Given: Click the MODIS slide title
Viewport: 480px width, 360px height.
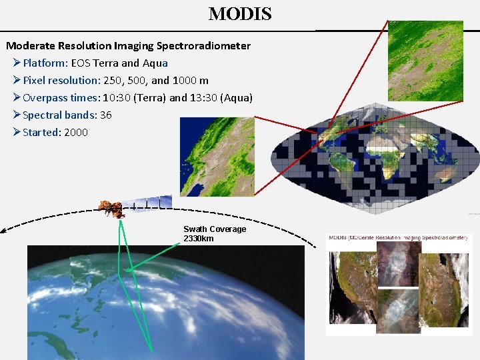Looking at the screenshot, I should point(240,14).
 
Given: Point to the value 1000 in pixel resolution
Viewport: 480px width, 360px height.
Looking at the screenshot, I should point(185,81).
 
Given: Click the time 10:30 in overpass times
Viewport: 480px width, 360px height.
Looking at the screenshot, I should point(117,98).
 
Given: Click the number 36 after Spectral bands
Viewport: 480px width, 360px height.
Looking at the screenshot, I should point(105,115).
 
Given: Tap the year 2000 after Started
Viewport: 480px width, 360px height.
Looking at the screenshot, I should point(75,133).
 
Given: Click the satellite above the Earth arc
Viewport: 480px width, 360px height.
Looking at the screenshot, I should point(111,209).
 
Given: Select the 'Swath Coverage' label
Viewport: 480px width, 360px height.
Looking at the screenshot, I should point(215,229).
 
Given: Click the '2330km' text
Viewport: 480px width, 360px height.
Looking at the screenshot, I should point(199,239).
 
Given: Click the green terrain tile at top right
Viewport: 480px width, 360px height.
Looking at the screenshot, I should point(425,61).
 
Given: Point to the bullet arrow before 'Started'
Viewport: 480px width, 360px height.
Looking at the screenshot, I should point(17,133).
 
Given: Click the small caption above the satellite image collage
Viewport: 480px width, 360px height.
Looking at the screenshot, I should point(399,237).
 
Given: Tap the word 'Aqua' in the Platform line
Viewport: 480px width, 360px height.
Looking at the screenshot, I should point(154,63).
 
